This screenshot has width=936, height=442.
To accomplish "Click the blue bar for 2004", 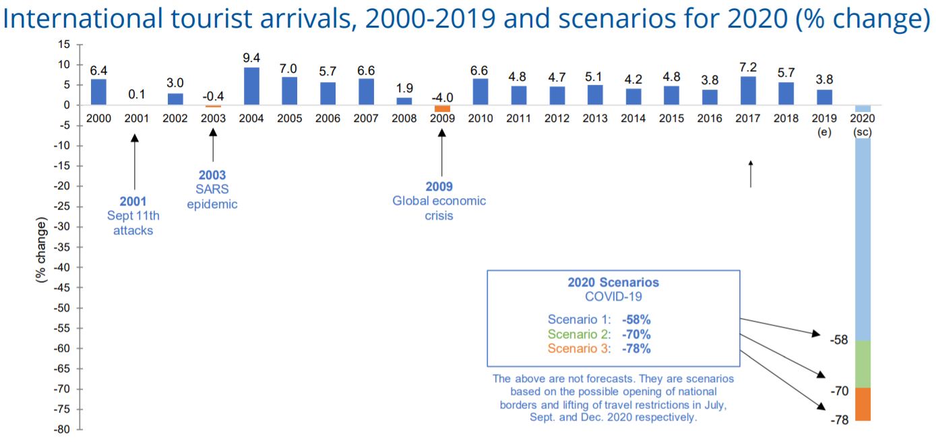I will click(x=251, y=86).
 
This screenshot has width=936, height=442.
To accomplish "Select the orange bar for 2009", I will click(x=442, y=108).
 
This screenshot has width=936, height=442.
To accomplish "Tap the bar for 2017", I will click(x=748, y=91).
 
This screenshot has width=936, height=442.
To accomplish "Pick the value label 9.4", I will click(x=251, y=58).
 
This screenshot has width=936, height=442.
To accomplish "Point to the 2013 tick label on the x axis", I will click(x=595, y=119).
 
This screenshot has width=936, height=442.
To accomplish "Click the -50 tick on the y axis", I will click(x=63, y=308).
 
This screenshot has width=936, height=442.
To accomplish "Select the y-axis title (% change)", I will click(x=42, y=249).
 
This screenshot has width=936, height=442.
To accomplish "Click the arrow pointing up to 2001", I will click(x=135, y=162).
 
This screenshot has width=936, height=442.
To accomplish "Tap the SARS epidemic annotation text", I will click(x=212, y=197).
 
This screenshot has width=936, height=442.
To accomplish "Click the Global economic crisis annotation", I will click(x=439, y=208).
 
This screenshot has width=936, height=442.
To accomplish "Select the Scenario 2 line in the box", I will click(x=599, y=334).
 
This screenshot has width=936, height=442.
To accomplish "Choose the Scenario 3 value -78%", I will click(x=636, y=348).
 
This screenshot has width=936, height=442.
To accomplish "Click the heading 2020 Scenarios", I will click(x=613, y=282).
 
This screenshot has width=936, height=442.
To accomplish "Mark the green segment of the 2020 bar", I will click(x=863, y=364).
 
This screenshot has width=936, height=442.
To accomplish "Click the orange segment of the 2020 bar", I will click(x=863, y=404).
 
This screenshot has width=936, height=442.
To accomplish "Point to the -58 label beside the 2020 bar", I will click(x=840, y=340).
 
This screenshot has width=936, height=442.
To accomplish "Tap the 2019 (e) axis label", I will click(x=825, y=125).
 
